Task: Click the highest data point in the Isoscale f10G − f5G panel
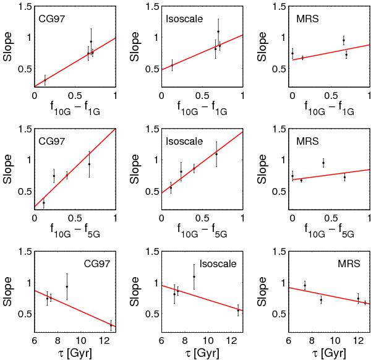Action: click(216, 153)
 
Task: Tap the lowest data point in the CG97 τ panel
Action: click(111, 325)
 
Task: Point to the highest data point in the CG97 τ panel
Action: click(67, 286)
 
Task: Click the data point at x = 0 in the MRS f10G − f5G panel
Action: click(292, 176)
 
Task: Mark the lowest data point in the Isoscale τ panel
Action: click(239, 311)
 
